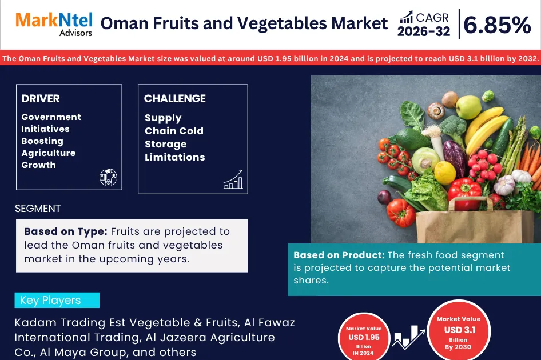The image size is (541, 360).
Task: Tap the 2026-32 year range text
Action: tap(424, 32)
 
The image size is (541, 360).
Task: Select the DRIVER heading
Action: tap(41, 99)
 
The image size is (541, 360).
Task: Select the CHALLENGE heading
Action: tap(175, 99)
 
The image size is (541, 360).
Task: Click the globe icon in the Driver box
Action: tap(108, 178)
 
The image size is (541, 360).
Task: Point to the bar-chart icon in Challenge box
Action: tap(233, 179)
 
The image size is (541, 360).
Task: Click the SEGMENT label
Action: tap(38, 209)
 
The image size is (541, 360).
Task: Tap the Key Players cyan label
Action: tap(57, 301)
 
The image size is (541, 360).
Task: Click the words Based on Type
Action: tap(65, 231)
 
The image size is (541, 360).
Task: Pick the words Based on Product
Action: tap(339, 255)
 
